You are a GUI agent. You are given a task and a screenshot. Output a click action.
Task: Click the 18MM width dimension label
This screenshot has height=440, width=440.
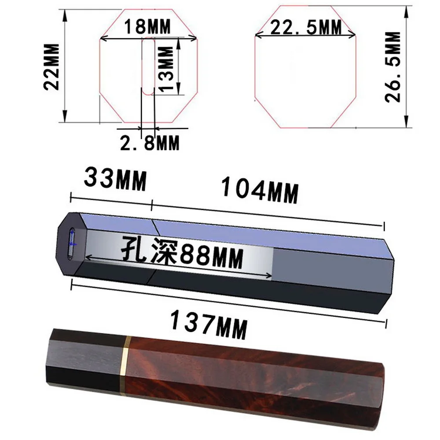[147, 27]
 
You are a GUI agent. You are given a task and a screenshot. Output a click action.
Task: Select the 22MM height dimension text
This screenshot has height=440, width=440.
[51, 67]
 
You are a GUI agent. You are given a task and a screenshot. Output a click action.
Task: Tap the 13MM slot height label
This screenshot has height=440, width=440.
[166, 69]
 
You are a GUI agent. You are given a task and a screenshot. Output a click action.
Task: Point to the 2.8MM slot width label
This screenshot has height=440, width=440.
[150, 143]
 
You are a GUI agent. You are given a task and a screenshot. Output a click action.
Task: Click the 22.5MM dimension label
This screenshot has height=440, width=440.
[306, 27]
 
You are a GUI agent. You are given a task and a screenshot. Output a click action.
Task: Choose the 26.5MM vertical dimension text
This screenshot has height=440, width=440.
[392, 67]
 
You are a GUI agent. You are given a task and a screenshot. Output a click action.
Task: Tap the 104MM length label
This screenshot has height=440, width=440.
[260, 190]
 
